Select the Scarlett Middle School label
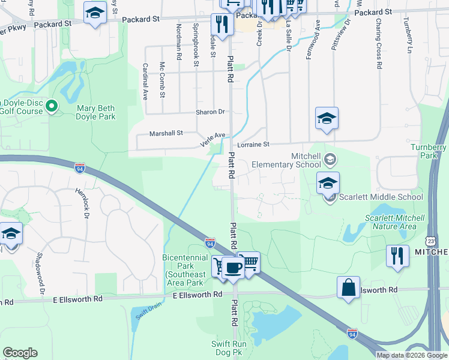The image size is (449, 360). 381,197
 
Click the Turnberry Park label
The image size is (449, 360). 429,151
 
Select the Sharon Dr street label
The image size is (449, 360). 209,112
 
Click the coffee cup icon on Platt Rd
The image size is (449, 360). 233,267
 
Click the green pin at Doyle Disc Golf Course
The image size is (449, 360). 52,106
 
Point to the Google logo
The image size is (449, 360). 20,353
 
